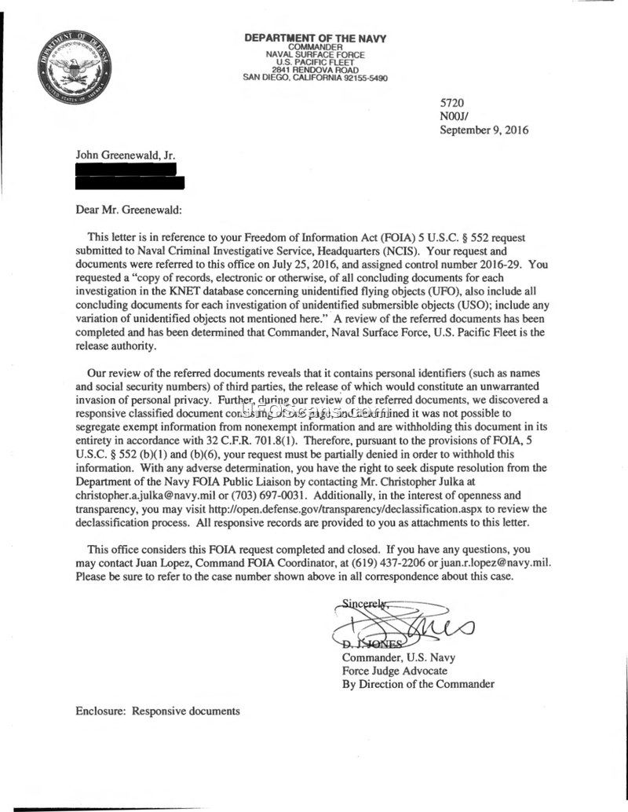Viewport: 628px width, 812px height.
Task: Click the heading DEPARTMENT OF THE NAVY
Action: tap(315, 38)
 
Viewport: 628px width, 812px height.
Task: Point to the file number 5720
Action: tap(453, 103)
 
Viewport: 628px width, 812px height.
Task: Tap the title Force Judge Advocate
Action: tap(394, 671)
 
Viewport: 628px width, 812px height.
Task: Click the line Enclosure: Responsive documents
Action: tap(157, 711)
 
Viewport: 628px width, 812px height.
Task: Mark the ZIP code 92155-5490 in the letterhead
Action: tap(360, 78)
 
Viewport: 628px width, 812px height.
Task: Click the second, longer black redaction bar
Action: tap(130, 182)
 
